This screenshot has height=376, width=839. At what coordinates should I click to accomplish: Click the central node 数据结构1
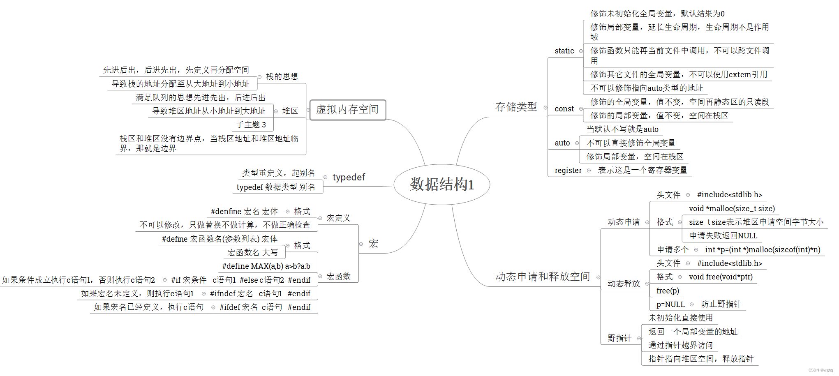pyautogui.click(x=441, y=185)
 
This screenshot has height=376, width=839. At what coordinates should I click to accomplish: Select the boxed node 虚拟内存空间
pyautogui.click(x=347, y=110)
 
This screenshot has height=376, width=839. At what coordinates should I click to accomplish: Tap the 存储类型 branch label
pyautogui.click(x=516, y=107)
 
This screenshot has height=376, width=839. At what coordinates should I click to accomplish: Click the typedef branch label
pyautogui.click(x=349, y=177)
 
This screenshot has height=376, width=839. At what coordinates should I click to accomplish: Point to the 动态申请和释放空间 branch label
pyautogui.click(x=542, y=277)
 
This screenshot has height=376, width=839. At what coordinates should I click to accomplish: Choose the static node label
pyautogui.click(x=564, y=51)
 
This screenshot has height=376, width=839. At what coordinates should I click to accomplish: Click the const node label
pyautogui.click(x=564, y=109)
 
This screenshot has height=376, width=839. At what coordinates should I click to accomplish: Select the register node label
pyautogui.click(x=568, y=171)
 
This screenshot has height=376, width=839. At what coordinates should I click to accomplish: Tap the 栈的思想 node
pyautogui.click(x=282, y=76)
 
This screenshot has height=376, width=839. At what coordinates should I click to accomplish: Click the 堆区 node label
pyautogui.click(x=290, y=111)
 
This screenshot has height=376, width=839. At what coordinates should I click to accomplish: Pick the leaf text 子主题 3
pyautogui.click(x=251, y=125)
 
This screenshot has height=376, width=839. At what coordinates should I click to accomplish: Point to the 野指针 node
pyautogui.click(x=619, y=338)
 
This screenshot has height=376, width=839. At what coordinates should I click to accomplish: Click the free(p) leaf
pyautogui.click(x=668, y=291)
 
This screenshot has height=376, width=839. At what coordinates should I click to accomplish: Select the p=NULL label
pyautogui.click(x=670, y=304)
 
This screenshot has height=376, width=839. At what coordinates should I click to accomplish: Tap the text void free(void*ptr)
pyautogui.click(x=721, y=277)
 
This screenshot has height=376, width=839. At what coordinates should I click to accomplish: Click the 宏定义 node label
pyautogui.click(x=338, y=218)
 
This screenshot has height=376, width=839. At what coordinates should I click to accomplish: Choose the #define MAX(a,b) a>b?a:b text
pyautogui.click(x=266, y=266)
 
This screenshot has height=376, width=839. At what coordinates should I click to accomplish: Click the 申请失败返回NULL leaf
pyautogui.click(x=723, y=236)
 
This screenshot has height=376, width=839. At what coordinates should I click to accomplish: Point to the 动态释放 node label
pyautogui.click(x=624, y=284)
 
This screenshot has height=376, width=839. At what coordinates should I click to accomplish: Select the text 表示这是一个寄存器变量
pyautogui.click(x=642, y=171)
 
